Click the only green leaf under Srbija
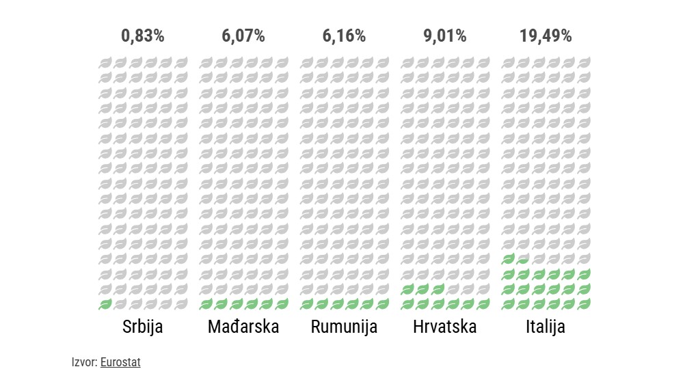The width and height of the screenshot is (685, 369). [105, 304]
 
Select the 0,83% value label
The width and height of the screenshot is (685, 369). [143, 36]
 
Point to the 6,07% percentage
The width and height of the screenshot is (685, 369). [243, 36]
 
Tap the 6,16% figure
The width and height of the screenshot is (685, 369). [344, 36]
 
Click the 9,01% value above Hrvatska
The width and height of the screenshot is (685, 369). [445, 36]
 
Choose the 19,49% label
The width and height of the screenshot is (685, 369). [546, 36]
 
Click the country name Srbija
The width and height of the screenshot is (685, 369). [143, 327]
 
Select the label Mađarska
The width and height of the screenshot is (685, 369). [243, 327]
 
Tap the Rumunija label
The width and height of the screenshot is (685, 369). [344, 327]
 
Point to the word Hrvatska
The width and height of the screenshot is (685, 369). [445, 327]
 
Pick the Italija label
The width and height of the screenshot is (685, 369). [546, 327]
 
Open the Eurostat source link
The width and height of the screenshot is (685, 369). [120, 362]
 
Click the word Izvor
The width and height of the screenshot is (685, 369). [83, 362]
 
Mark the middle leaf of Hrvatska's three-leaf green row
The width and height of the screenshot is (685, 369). [422, 289]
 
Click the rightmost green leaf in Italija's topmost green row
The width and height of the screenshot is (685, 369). [523, 259]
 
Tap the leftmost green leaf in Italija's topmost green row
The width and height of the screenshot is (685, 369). [508, 259]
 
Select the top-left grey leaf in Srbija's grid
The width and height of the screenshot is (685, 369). [105, 63]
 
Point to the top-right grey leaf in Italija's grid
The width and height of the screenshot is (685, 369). [584, 63]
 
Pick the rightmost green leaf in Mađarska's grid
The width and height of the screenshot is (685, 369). [282, 304]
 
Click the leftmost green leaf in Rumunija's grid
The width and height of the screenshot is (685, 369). [307, 304]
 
